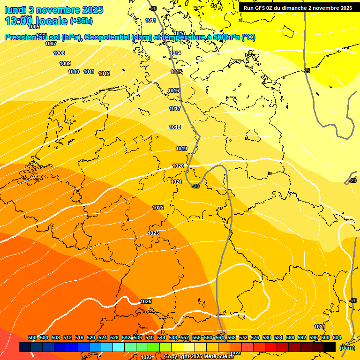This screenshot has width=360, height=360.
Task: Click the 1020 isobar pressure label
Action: (178, 166)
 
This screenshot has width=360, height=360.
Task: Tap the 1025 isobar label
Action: (146, 301)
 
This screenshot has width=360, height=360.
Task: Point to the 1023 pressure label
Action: (153, 233)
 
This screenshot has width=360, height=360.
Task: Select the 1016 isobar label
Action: (173, 90)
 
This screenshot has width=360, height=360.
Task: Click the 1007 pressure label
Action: (51, 44)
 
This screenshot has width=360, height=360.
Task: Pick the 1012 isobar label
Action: (104, 74)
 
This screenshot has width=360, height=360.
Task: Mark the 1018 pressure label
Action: (175, 127)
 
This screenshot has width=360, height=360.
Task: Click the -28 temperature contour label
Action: (306, 71)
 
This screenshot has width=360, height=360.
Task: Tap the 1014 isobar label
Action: (175, 53)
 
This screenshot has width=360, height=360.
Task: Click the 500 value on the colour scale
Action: (32, 337)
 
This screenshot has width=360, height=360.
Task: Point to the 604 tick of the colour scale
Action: (337, 337)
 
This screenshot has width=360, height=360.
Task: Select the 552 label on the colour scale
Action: (185, 337)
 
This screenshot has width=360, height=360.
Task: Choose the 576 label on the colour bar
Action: (255, 337)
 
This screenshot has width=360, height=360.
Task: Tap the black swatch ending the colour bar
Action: (330, 347)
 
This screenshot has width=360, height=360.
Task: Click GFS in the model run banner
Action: (262, 8)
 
